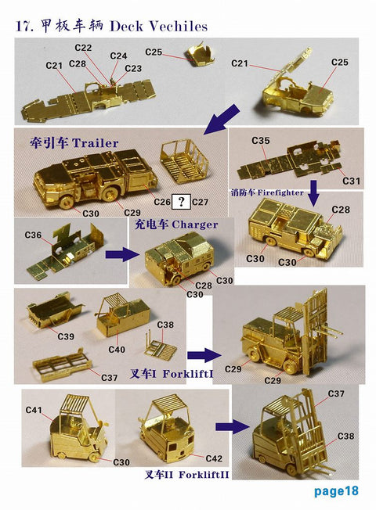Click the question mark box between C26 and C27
coord(182,202)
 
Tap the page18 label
coord(336,491)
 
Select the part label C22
coord(83,48)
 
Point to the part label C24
coord(118,56)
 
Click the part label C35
coord(261,140)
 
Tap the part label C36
coord(33,235)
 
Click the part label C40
coord(117,349)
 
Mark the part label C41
coord(34,410)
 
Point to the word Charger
coord(194,224)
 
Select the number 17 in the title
coord(24,27)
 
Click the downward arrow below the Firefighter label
coord(313,190)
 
